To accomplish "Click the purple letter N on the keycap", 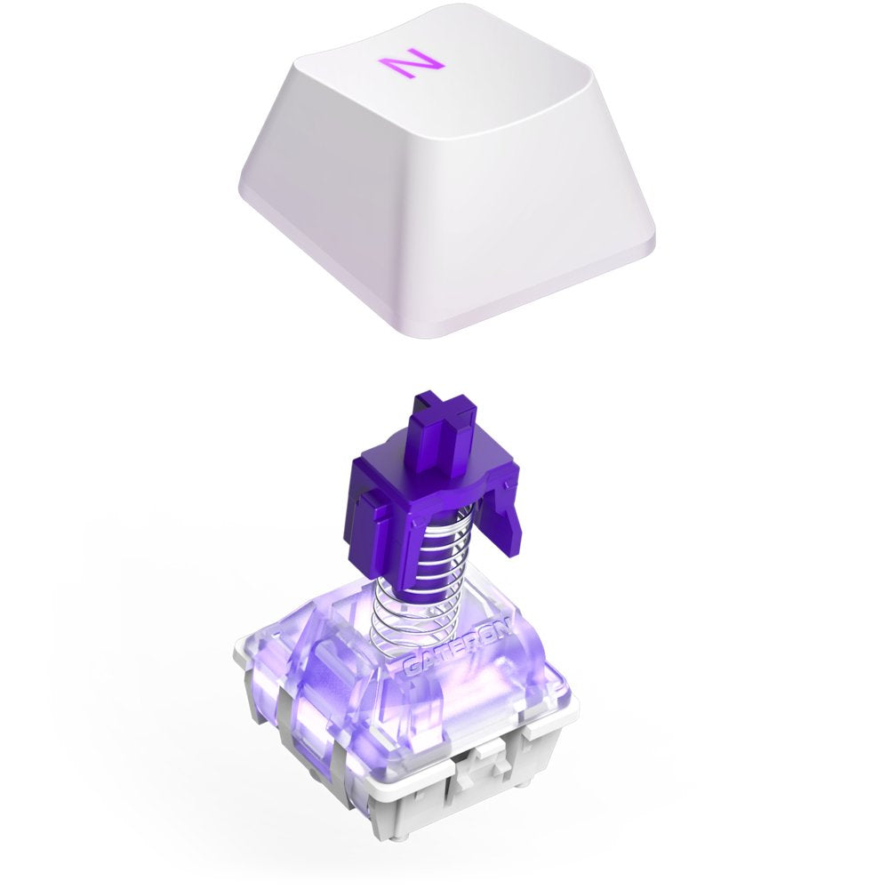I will click(x=410, y=64).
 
